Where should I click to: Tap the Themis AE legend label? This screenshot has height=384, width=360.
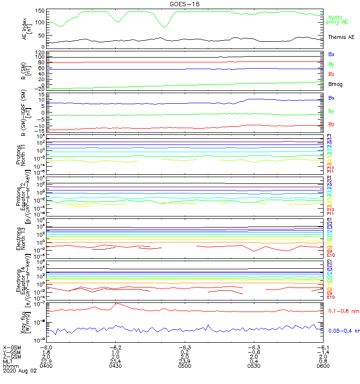click(x=341, y=37)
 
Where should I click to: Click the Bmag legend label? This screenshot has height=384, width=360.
click(x=335, y=84)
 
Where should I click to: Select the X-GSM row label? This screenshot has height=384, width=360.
click(x=12, y=347)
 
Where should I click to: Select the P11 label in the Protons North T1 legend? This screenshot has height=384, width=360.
click(x=331, y=171)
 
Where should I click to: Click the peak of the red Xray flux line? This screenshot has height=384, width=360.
click(x=117, y=304)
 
